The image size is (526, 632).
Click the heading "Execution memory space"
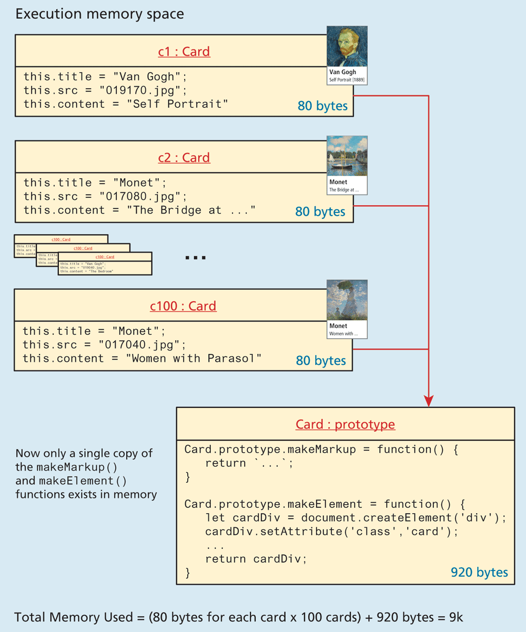99,14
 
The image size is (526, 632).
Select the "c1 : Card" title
184,52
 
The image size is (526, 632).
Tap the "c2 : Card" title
184,157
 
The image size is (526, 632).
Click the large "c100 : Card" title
183,305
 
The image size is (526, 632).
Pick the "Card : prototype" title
345,424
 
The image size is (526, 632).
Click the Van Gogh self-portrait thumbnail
347,46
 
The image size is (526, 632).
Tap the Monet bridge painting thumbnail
347,156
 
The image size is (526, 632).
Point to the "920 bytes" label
479,572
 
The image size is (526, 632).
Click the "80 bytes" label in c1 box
322,106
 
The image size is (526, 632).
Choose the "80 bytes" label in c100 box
321,361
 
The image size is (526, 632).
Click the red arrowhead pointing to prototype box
429,401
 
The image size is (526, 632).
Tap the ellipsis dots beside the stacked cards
196,258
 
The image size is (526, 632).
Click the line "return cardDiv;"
256,558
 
